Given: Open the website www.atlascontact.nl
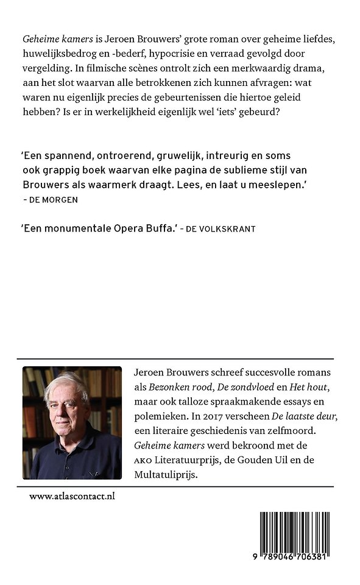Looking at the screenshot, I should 72,496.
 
